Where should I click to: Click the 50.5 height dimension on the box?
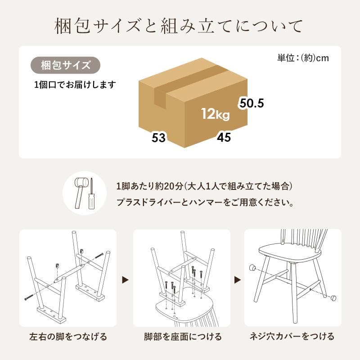click(251, 103)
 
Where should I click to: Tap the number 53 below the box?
click(159, 138)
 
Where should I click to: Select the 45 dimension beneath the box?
click(224, 137)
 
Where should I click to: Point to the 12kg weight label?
click(216, 114)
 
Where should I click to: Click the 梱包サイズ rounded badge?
click(65, 65)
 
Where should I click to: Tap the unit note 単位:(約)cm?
click(303, 58)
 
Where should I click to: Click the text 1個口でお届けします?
click(75, 84)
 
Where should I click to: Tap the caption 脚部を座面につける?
click(182, 337)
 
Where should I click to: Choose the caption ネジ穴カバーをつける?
click(292, 337)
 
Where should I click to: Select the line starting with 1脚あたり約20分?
click(204, 186)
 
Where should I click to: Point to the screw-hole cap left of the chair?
click(253, 268)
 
